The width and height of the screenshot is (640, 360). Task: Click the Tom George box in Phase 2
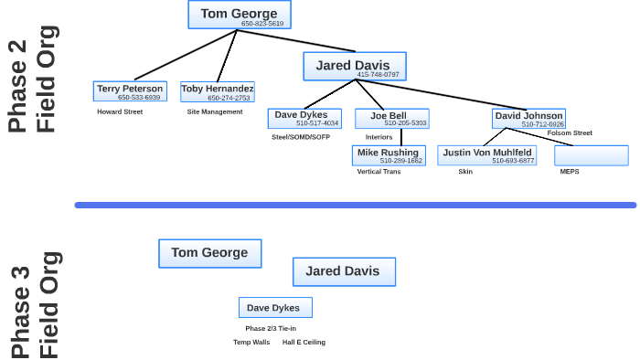pyautogui.click(x=239, y=16)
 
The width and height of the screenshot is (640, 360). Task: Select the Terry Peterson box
pyautogui.click(x=130, y=91)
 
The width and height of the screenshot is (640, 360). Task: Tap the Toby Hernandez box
pyautogui.click(x=217, y=91)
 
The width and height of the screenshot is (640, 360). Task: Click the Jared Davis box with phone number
pyautogui.click(x=354, y=67)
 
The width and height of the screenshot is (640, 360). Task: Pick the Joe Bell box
pyautogui.click(x=391, y=119)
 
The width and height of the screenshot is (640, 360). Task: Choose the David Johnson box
pyautogui.click(x=528, y=119)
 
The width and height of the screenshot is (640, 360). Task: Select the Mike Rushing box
pyautogui.click(x=389, y=155)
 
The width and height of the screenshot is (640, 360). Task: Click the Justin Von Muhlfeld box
pyautogui.click(x=486, y=155)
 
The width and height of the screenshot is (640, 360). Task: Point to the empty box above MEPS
pyautogui.click(x=591, y=155)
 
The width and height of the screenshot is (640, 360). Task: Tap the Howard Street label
pyautogui.click(x=120, y=111)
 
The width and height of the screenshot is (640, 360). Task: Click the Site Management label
pyautogui.click(x=215, y=111)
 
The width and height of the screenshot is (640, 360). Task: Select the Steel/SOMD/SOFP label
pyautogui.click(x=301, y=137)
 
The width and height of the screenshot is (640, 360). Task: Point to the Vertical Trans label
pyautogui.click(x=379, y=172)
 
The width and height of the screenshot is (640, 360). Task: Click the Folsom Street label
pyautogui.click(x=570, y=133)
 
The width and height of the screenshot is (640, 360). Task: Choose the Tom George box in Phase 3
pyautogui.click(x=209, y=253)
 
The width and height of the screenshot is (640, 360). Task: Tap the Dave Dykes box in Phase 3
pyautogui.click(x=275, y=308)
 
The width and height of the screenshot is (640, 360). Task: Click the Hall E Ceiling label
pyautogui.click(x=304, y=343)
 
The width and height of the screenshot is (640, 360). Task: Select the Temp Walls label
pyautogui.click(x=251, y=343)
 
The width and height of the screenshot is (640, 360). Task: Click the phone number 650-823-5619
pyautogui.click(x=262, y=24)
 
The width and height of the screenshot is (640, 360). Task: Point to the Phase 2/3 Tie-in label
pyautogui.click(x=271, y=329)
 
